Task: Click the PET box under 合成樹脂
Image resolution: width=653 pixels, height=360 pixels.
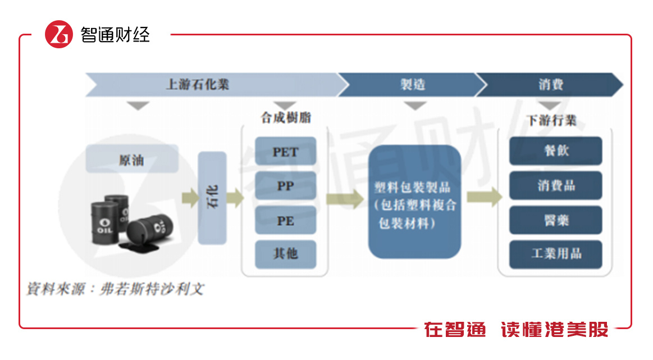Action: pos(285,152)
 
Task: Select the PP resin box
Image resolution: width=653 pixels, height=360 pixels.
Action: pos(285,186)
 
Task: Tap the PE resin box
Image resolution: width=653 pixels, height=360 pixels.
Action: pos(285,220)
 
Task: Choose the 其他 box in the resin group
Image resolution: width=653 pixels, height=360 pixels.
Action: pos(285,254)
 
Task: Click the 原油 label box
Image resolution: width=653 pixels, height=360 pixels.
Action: pos(132,160)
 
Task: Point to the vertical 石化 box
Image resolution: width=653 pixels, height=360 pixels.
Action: pos(212,198)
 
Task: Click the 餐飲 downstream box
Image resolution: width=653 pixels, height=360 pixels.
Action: pos(555,151)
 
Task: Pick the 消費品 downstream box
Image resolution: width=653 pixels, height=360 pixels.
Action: pos(555,186)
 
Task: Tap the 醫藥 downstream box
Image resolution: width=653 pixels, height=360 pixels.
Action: pos(555,220)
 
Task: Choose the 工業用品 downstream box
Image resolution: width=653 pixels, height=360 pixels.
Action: pos(555,254)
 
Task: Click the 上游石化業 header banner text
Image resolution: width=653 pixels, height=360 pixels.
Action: pos(198,85)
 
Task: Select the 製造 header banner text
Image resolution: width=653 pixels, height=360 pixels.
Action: pos(413,85)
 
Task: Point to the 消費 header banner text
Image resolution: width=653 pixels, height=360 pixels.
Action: pos(550,85)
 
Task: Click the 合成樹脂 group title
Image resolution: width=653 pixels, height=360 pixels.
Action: pos(286,118)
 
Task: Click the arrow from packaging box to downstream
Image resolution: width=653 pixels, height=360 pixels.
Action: pos(483,197)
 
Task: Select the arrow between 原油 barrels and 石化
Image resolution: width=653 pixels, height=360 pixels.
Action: pos(189,198)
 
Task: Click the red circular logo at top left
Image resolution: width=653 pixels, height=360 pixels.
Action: pos(59,34)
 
